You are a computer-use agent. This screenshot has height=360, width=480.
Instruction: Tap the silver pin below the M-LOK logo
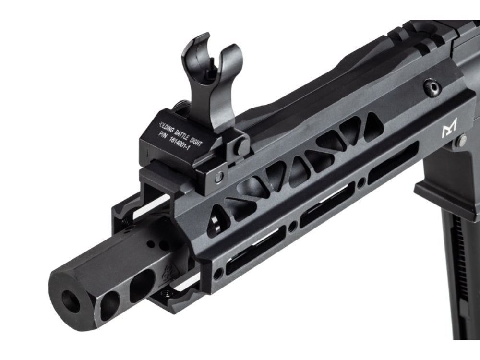pyautogui.click(x=461, y=141)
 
